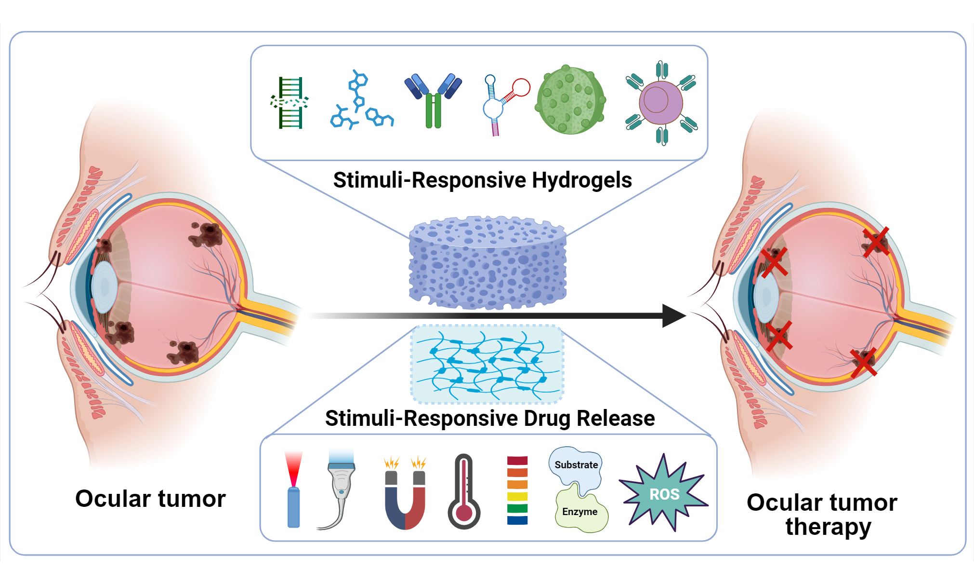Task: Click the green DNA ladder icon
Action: [x=290, y=103]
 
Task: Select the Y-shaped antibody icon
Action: [x=434, y=100]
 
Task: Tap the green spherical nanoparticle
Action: [x=570, y=100]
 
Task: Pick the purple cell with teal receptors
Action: [x=661, y=103]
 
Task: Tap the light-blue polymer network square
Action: [x=487, y=364]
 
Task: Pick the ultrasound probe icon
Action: [x=339, y=487]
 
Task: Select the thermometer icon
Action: [x=464, y=492]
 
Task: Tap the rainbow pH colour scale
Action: [x=517, y=490]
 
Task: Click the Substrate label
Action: [x=576, y=465]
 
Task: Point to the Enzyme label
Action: [x=580, y=512]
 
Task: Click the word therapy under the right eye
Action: [x=828, y=527]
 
